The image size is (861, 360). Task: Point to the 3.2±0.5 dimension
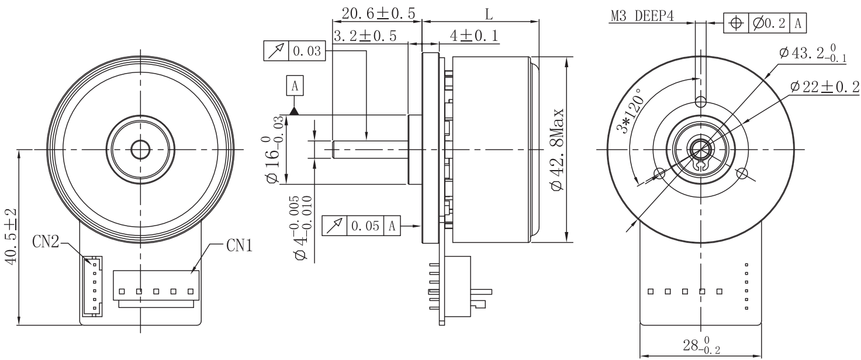(364, 36)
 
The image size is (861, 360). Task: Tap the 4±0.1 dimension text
(474, 36)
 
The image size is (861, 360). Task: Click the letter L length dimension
(487, 13)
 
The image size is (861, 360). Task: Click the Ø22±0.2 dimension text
(824, 87)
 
